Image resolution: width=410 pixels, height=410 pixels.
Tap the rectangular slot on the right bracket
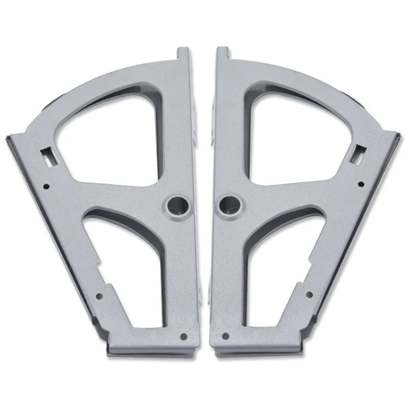(359, 153)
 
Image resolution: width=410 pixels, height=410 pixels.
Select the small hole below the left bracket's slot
(46, 187)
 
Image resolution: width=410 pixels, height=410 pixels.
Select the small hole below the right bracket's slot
(361, 184)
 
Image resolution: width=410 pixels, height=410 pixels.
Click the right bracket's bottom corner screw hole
(224, 336)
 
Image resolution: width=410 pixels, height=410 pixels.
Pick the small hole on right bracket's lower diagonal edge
(309, 294)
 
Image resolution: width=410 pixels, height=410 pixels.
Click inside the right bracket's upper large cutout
(292, 136)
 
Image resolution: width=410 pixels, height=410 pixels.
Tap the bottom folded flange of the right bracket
(256, 351)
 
